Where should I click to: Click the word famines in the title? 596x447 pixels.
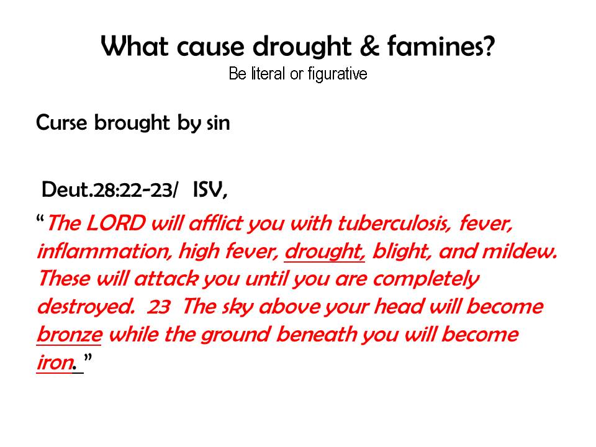(x=441, y=47)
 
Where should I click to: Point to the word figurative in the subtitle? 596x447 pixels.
(x=338, y=74)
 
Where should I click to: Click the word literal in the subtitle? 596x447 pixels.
(x=268, y=73)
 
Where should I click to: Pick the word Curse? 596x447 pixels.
(x=61, y=123)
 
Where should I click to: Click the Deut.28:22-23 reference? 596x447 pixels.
(x=109, y=189)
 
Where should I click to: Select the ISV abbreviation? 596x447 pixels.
(x=210, y=189)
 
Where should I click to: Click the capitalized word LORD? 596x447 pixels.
(x=116, y=223)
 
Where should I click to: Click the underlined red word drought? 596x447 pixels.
(x=325, y=252)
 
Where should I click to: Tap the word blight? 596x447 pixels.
(x=402, y=252)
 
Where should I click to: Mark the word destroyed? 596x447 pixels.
(x=86, y=307)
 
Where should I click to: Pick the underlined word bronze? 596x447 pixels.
(x=69, y=335)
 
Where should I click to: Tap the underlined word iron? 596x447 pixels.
(x=55, y=362)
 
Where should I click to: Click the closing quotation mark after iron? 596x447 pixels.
(x=88, y=358)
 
